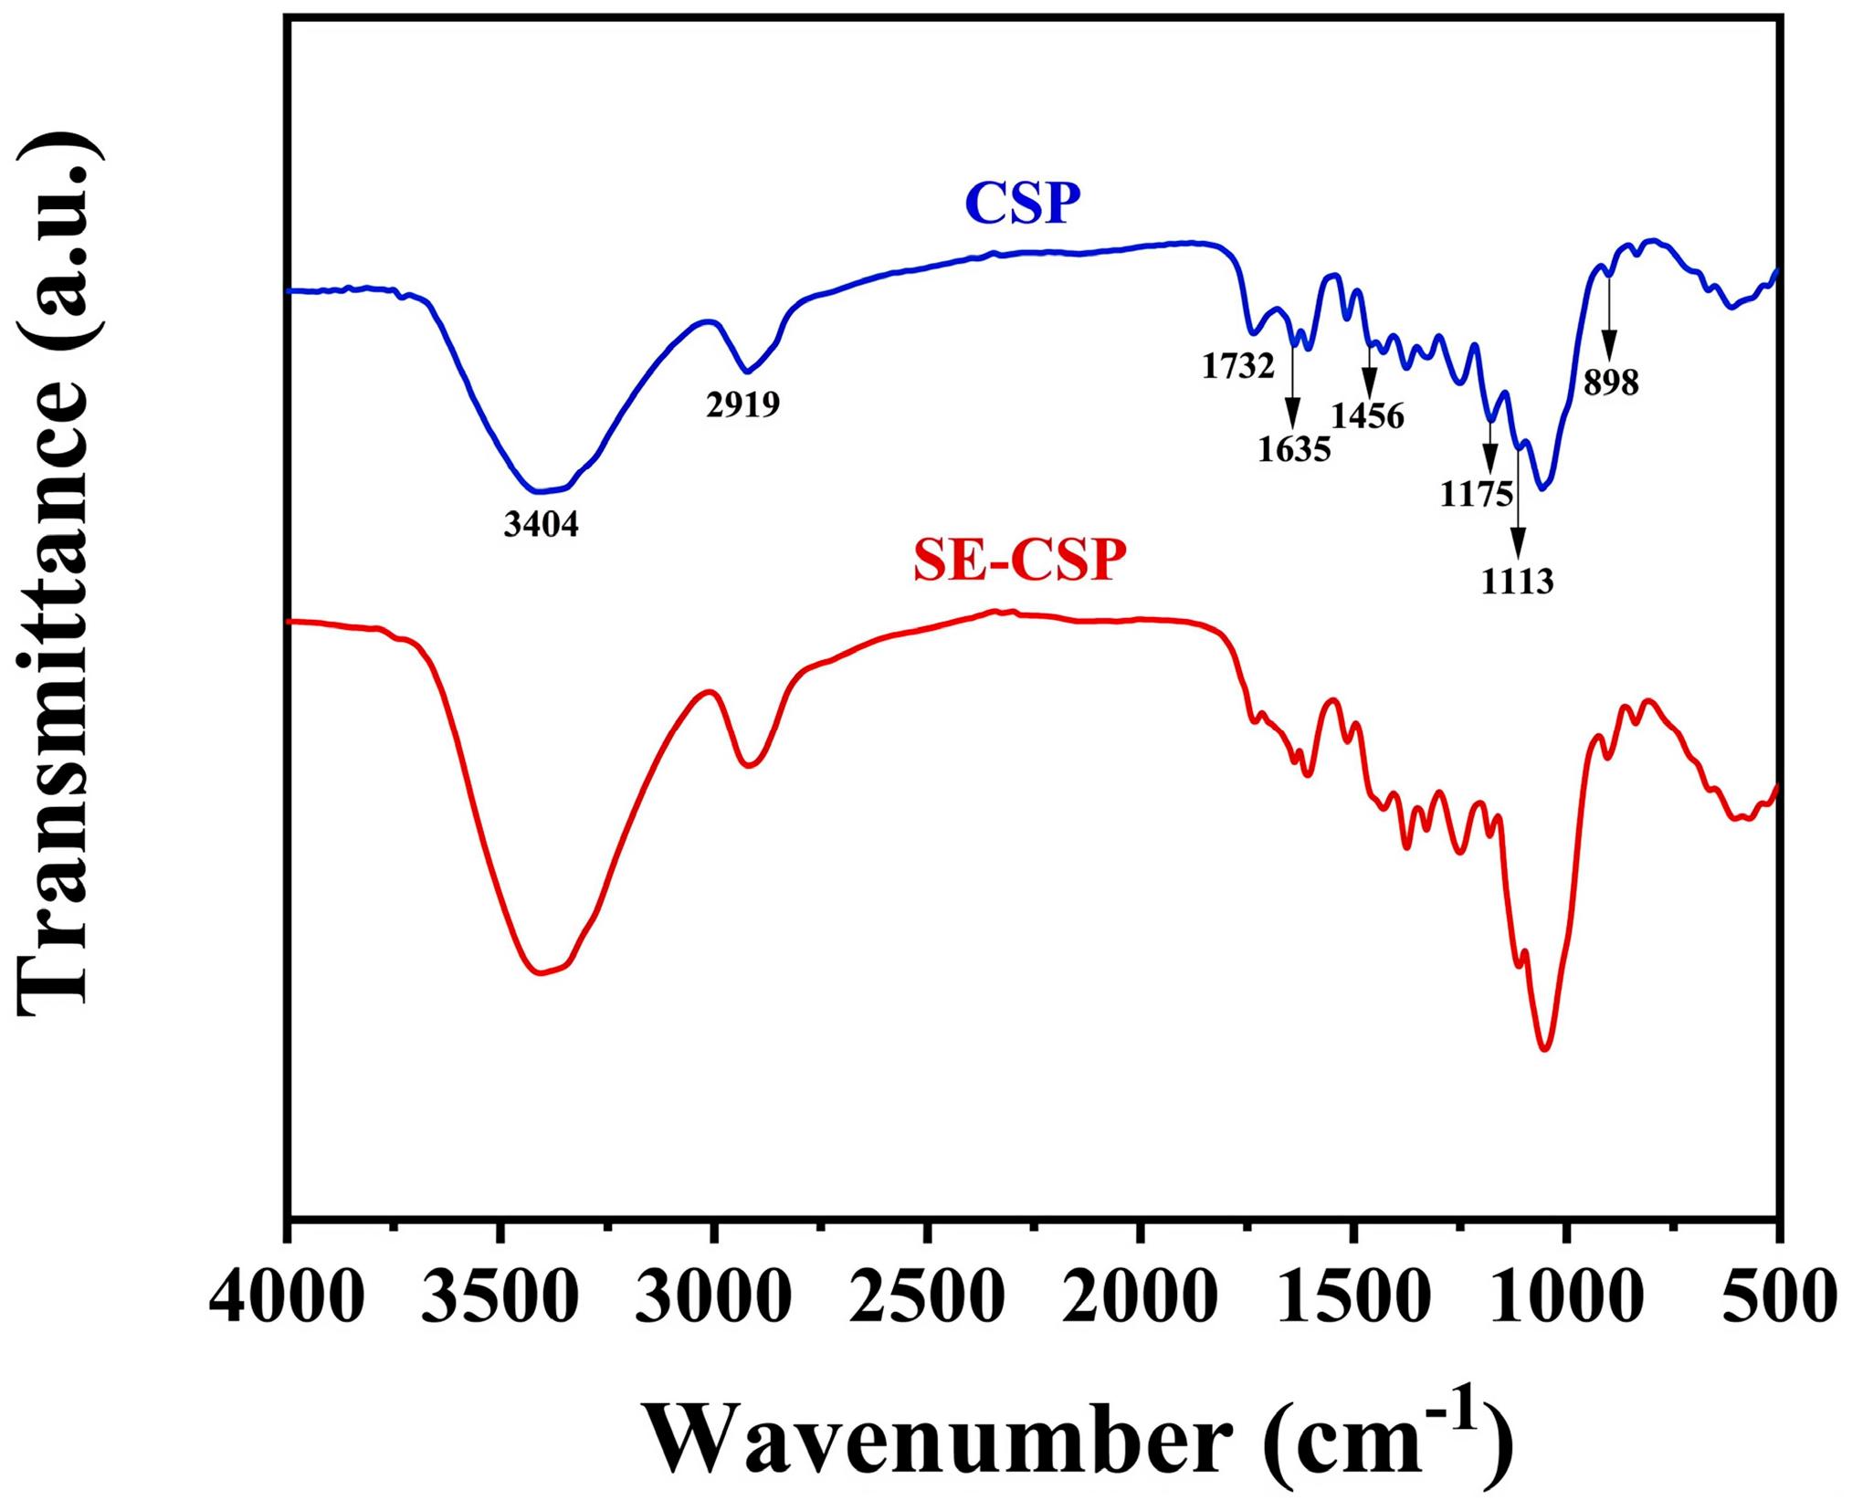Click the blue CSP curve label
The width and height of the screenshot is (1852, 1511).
point(1022,203)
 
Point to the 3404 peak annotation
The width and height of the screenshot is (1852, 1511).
point(541,524)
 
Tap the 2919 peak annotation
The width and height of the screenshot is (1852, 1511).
point(742,404)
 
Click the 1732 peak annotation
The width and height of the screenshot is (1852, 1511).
point(1237,366)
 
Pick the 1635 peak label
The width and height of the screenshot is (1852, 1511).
point(1294,448)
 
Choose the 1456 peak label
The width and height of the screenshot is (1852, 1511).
point(1367,416)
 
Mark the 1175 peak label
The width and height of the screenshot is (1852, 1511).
point(1477,494)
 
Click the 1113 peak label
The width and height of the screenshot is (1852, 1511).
point(1517,581)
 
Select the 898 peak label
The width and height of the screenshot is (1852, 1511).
point(1611,383)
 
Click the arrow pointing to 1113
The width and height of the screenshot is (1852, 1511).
point(1518,502)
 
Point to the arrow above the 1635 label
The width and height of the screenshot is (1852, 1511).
point(1292,383)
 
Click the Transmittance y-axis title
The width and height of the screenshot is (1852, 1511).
point(57,575)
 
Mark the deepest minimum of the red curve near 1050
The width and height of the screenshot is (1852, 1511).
point(1543,1049)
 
